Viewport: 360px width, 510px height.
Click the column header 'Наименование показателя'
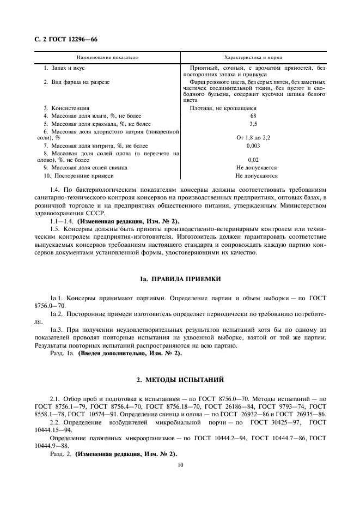(x=107, y=57)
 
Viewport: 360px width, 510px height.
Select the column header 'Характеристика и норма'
(x=253, y=57)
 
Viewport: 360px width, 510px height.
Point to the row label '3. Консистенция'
(x=66, y=108)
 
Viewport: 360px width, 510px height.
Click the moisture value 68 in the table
(x=253, y=116)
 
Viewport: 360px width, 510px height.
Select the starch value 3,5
(x=253, y=124)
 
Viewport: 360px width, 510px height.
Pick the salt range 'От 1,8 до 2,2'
(x=253, y=138)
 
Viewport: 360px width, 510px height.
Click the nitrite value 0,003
(x=253, y=145)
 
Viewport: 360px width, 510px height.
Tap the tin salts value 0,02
(x=253, y=160)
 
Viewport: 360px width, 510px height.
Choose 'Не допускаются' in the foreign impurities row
(x=257, y=176)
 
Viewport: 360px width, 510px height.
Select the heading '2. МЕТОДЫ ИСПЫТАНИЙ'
(x=180, y=379)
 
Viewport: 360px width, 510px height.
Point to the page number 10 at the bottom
(x=180, y=465)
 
